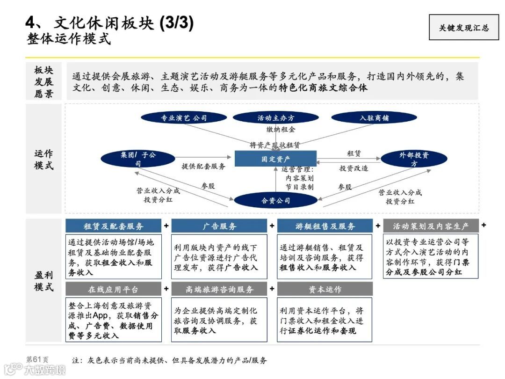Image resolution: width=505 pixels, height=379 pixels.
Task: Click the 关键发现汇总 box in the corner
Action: point(463,28)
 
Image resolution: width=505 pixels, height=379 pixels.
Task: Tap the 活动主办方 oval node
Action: point(276,118)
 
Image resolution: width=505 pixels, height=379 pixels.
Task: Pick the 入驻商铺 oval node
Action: point(374,118)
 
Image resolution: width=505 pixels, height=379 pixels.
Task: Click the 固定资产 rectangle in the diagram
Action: point(275,159)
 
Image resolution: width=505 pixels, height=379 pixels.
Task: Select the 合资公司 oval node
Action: point(275,200)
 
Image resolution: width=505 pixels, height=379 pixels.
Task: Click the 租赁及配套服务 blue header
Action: point(114,226)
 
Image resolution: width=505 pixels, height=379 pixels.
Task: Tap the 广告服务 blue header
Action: point(219,226)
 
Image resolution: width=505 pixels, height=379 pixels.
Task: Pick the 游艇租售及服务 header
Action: point(325,226)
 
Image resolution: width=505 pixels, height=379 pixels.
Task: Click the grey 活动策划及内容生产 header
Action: point(431,226)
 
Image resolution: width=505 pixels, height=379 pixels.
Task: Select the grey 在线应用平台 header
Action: point(114,289)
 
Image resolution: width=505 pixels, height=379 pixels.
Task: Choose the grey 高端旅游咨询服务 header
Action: point(219,289)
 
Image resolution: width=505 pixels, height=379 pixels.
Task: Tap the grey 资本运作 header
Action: point(325,289)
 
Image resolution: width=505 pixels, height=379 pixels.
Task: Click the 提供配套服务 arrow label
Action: point(203,166)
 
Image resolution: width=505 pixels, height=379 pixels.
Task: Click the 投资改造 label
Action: point(353,168)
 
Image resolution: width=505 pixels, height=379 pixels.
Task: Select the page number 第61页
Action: point(37,360)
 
